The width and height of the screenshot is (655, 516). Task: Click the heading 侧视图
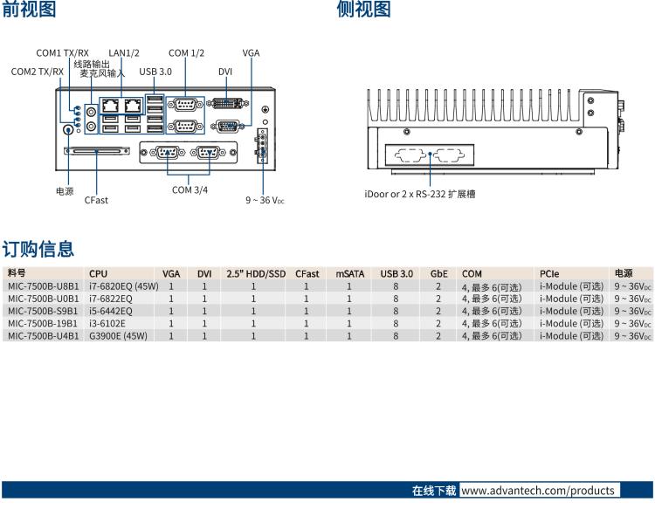pyautogui.click(x=363, y=10)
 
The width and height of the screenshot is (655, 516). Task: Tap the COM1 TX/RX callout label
pyautogui.click(x=62, y=53)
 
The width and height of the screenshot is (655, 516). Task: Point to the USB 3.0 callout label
pyautogui.click(x=155, y=72)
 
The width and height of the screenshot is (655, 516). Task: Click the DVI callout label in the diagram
pyautogui.click(x=225, y=72)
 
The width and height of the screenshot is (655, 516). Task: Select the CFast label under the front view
pyautogui.click(x=96, y=200)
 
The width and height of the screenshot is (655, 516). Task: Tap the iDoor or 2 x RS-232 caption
pyautogui.click(x=420, y=194)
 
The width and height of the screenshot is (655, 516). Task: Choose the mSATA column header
pyautogui.click(x=349, y=273)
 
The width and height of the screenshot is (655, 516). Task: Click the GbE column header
pyautogui.click(x=438, y=273)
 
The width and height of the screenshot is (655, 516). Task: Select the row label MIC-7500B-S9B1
pyautogui.click(x=43, y=310)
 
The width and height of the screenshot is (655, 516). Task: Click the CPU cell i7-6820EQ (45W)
pyautogui.click(x=123, y=286)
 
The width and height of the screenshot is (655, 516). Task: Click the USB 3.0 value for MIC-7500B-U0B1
pyautogui.click(x=396, y=298)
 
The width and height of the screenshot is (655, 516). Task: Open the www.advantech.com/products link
pyautogui.click(x=537, y=491)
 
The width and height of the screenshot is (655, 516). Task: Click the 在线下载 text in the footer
pyautogui.click(x=434, y=491)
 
